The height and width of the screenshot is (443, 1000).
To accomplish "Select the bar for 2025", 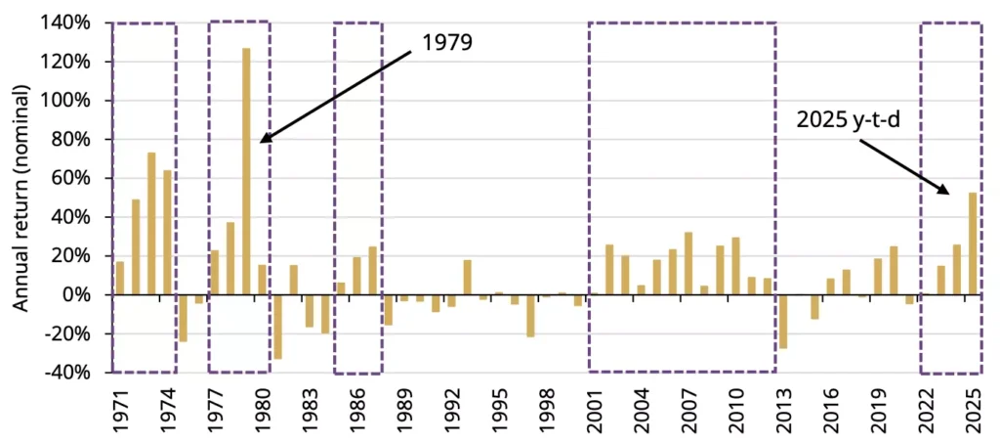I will pyautogui.click(x=973, y=244).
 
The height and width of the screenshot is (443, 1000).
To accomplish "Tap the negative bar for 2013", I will pyautogui.click(x=782, y=321).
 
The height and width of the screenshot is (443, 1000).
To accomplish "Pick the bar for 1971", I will pyautogui.click(x=120, y=278).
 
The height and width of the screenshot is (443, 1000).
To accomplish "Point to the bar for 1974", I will pyautogui.click(x=168, y=233).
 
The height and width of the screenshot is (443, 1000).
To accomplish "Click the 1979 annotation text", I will pyautogui.click(x=447, y=44).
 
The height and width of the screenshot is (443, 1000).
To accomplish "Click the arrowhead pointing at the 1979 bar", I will pyautogui.click(x=265, y=140).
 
